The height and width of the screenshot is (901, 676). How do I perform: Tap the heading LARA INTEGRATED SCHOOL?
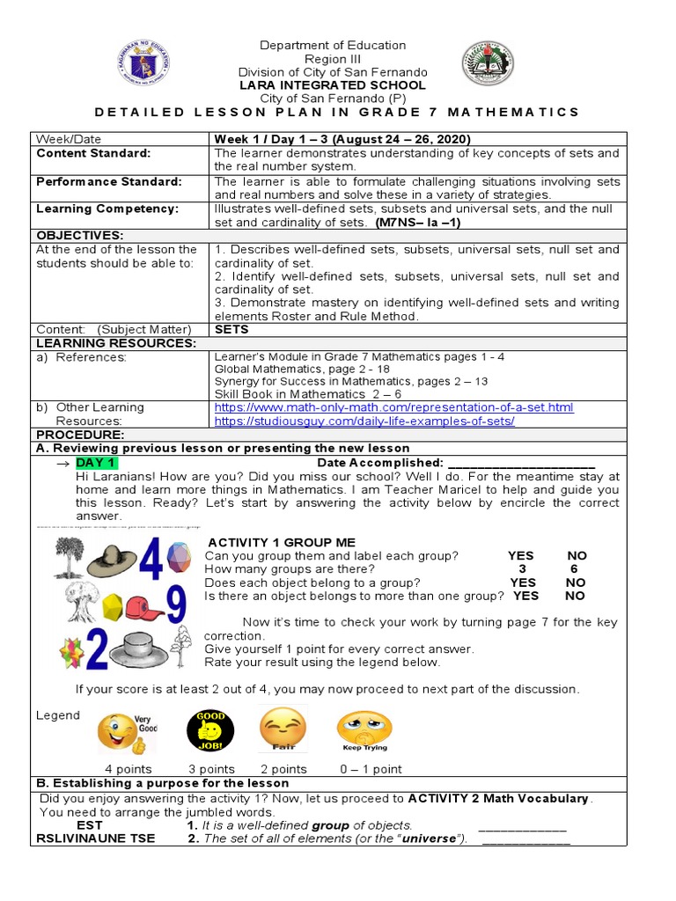click(x=333, y=85)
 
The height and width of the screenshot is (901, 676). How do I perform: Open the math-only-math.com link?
click(x=393, y=407)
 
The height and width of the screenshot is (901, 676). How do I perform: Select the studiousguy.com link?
click(x=364, y=421)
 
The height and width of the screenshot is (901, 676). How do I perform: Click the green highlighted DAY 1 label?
click(x=95, y=463)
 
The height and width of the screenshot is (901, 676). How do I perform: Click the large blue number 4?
click(x=149, y=554)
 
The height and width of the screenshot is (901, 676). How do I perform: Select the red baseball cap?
click(x=143, y=606)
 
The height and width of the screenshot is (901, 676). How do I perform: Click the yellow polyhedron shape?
click(x=114, y=605)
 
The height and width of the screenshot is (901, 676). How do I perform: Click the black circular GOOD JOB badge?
click(x=210, y=730)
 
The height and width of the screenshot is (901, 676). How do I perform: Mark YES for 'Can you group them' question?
click(x=520, y=556)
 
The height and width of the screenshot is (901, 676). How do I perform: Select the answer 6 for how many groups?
click(x=574, y=569)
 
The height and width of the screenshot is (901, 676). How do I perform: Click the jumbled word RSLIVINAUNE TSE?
click(x=95, y=839)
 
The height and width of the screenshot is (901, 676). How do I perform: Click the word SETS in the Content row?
click(x=231, y=329)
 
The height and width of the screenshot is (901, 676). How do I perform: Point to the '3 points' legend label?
click(x=211, y=769)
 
